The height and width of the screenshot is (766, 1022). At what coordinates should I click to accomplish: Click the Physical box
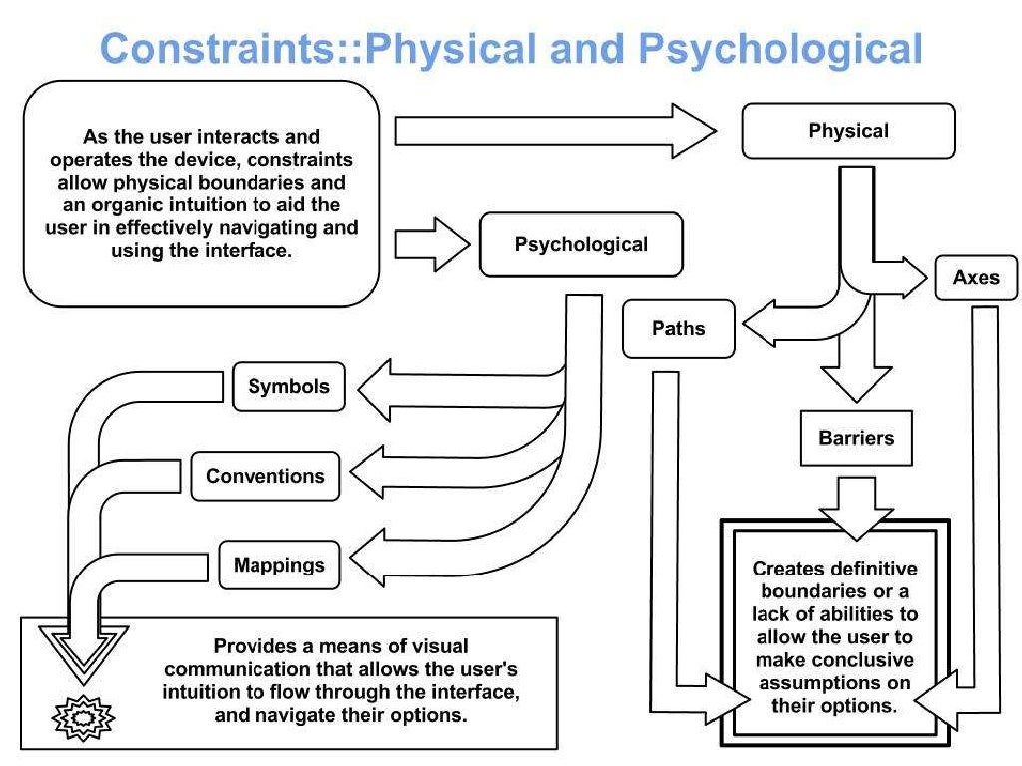point(848,130)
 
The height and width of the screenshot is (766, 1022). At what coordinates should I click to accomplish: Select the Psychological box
point(581,245)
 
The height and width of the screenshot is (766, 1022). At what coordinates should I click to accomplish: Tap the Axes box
point(975,277)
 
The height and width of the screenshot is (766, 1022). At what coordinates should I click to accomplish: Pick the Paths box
point(678,328)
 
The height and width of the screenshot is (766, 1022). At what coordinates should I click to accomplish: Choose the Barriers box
point(856,438)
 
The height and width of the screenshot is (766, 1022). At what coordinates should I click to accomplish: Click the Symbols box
point(288,387)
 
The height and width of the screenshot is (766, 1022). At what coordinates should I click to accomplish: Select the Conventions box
point(264,476)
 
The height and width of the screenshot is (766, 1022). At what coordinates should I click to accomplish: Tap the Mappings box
point(278,566)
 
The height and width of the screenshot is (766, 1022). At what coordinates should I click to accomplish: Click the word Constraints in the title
point(226,48)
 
